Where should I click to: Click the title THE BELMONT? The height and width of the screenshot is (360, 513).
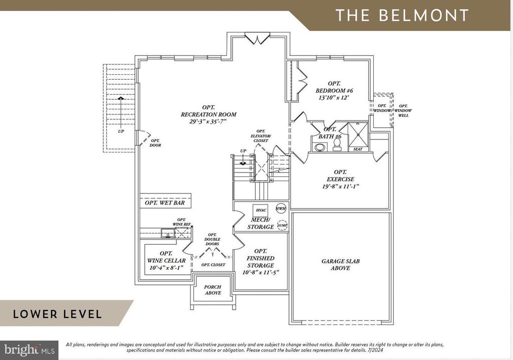[x=402, y=15]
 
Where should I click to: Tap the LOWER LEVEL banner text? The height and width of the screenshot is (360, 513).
[x=58, y=314]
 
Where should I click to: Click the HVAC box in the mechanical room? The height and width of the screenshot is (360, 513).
[x=260, y=211]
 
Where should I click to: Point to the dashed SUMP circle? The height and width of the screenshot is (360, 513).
[x=283, y=226]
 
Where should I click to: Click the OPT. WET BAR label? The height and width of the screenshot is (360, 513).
[x=165, y=203]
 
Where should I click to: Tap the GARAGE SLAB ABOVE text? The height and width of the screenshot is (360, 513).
[x=340, y=265]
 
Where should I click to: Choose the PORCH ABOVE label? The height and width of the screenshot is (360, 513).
[x=213, y=290]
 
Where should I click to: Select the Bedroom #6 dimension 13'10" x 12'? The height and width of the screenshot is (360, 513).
[x=334, y=98]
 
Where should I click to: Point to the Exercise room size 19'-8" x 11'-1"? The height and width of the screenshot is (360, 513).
[x=340, y=187]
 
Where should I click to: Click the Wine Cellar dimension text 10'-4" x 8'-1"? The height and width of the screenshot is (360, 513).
[x=167, y=268]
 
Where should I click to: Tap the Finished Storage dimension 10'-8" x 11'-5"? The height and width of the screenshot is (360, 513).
[x=261, y=272]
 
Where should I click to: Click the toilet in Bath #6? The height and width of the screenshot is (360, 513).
[x=337, y=145]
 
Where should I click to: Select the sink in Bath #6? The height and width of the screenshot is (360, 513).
[x=319, y=147]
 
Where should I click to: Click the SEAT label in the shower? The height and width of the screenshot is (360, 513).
[x=358, y=149]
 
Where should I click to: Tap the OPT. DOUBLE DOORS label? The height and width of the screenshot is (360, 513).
[x=212, y=242]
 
